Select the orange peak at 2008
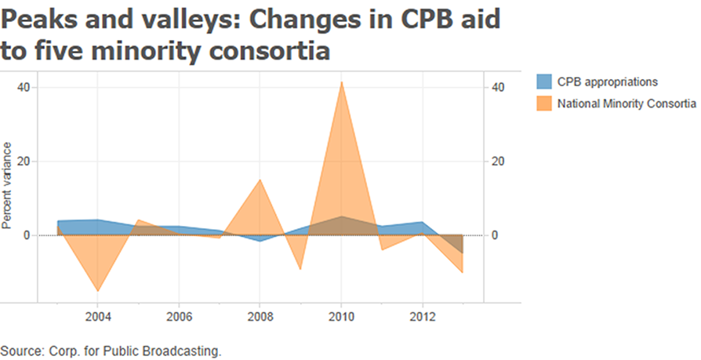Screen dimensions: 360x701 [260, 180]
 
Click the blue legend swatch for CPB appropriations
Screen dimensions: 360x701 [543, 82]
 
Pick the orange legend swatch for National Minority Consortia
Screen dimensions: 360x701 [543, 103]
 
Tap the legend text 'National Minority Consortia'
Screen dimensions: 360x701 [627, 103]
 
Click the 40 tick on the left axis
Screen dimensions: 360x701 [25, 87]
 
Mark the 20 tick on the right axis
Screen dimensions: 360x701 [497, 162]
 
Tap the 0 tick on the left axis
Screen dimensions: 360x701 [27, 235]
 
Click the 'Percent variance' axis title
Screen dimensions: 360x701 [7, 186]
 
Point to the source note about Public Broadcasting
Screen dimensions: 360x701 [111, 350]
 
